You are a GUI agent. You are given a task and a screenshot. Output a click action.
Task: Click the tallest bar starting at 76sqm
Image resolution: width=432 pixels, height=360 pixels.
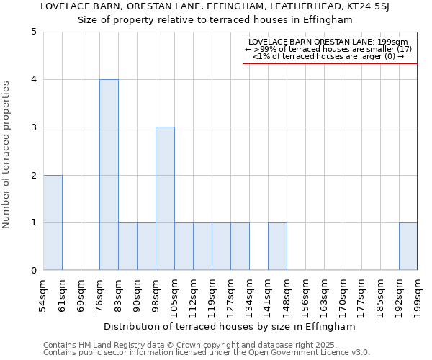click(x=109, y=175)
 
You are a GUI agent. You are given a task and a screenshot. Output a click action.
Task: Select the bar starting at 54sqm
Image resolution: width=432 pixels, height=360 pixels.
click(x=53, y=222)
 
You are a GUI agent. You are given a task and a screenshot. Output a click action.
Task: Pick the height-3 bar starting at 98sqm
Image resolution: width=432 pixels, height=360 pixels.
click(x=165, y=199)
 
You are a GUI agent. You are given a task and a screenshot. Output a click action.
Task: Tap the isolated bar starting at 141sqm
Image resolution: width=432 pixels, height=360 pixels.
click(x=277, y=246)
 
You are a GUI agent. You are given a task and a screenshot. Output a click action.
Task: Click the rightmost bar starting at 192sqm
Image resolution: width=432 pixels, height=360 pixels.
click(x=408, y=246)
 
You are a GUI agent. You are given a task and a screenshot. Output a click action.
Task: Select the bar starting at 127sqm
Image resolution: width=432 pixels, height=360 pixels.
click(x=240, y=246)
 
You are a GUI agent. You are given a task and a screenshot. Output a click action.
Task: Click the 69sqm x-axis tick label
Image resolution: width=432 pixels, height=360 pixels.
click(x=81, y=294)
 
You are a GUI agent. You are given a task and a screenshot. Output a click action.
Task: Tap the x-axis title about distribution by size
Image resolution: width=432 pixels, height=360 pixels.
click(x=230, y=326)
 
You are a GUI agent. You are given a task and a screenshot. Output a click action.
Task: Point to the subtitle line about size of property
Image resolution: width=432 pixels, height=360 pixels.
click(x=215, y=19)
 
